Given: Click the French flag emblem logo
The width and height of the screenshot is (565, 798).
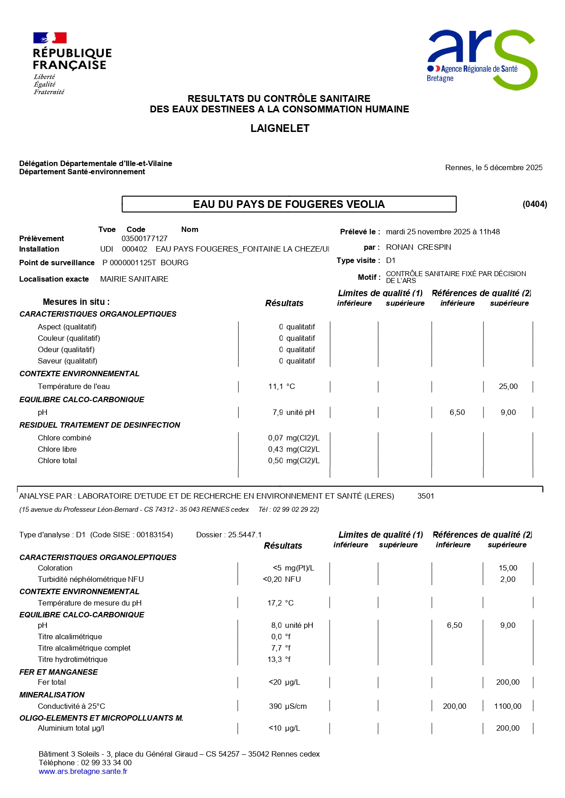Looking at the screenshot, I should tap(50, 38).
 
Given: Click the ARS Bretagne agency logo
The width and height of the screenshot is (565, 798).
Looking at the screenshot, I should tap(482, 59).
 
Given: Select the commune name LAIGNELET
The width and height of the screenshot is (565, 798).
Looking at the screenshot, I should tap(280, 128).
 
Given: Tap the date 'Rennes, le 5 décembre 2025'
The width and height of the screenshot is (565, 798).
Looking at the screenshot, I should tap(494, 167).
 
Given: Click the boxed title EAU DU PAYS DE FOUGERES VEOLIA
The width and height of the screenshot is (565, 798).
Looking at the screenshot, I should tap(289, 204).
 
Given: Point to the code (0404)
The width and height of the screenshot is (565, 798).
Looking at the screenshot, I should tap(534, 204).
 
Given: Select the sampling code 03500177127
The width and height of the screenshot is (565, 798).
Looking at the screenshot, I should tap(144, 238).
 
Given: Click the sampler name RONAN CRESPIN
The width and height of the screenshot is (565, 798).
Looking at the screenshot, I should tap(418, 247).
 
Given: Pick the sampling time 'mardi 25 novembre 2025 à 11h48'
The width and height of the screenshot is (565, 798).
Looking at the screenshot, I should tap(443, 232).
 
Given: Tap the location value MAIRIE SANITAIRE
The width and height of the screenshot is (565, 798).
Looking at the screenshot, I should tap(134, 279).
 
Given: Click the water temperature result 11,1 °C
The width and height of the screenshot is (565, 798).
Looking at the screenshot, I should tap(281, 386).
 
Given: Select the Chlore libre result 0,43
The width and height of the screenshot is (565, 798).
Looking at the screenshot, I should tap(275, 449).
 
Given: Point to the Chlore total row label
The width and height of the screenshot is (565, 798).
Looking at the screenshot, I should tap(57, 460).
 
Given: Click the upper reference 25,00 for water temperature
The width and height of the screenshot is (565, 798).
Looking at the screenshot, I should tap(508, 386).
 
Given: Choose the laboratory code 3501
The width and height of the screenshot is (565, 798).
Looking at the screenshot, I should tap(426, 496).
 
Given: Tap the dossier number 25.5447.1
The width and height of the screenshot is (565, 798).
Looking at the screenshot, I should tap(244, 535).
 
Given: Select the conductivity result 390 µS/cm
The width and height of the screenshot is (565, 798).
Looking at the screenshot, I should tap(288, 706).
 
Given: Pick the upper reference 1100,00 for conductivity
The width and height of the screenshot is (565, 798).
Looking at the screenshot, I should tap(508, 706).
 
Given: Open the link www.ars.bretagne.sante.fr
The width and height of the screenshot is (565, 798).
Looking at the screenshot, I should tap(83, 771).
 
